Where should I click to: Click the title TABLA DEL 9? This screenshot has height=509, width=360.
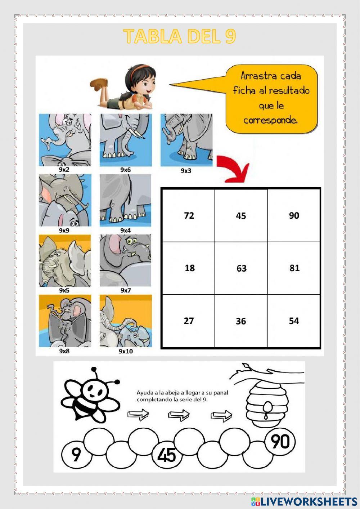pyautogui.click(x=179, y=36)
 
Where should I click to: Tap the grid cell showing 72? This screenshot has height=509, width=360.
pyautogui.click(x=189, y=215)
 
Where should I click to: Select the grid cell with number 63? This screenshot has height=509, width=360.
pyautogui.click(x=241, y=268)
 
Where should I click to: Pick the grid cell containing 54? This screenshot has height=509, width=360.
pyautogui.click(x=294, y=321)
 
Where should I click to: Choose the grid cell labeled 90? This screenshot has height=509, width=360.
pyautogui.click(x=294, y=215)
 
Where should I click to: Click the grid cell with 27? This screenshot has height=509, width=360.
pyautogui.click(x=189, y=321)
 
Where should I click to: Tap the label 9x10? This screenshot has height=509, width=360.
pyautogui.click(x=126, y=351)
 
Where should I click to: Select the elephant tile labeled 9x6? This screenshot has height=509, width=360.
pyautogui.click(x=126, y=140)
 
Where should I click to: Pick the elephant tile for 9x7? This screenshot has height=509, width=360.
pyautogui.click(x=126, y=260)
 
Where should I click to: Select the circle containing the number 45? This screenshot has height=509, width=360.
pyautogui.click(x=166, y=455)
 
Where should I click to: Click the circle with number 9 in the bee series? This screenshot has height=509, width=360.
pyautogui.click(x=76, y=454)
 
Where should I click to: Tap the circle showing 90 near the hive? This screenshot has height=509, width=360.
pyautogui.click(x=280, y=441)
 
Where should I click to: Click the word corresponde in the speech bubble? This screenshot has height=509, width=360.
pyautogui.click(x=270, y=120)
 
